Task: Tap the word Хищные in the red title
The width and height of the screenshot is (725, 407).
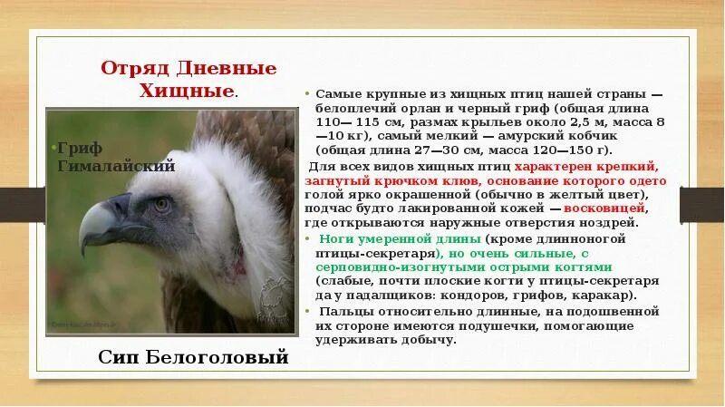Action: [186, 91]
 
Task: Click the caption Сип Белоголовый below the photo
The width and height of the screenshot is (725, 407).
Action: [192, 357]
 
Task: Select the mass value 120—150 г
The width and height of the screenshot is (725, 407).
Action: [578, 149]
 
